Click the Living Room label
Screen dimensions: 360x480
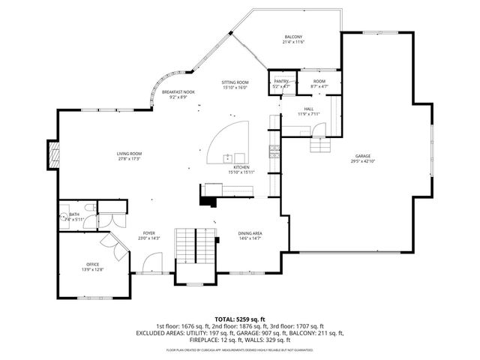click(x=129, y=153)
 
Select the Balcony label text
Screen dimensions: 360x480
click(x=292, y=37)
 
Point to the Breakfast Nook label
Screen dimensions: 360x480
click(x=178, y=91)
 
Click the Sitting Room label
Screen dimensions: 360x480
click(x=235, y=82)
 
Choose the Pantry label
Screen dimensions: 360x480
click(x=280, y=82)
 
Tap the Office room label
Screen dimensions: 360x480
click(x=92, y=264)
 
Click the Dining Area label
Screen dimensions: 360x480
click(x=250, y=234)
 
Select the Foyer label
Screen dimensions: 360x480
click(x=148, y=233)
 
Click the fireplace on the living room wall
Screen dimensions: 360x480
click(x=52, y=154)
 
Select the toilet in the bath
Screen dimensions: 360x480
click(x=88, y=208)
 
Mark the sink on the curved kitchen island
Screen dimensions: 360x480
click(x=227, y=157)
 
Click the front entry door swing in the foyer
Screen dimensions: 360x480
click(x=152, y=264)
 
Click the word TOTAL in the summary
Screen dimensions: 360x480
click(x=226, y=319)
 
